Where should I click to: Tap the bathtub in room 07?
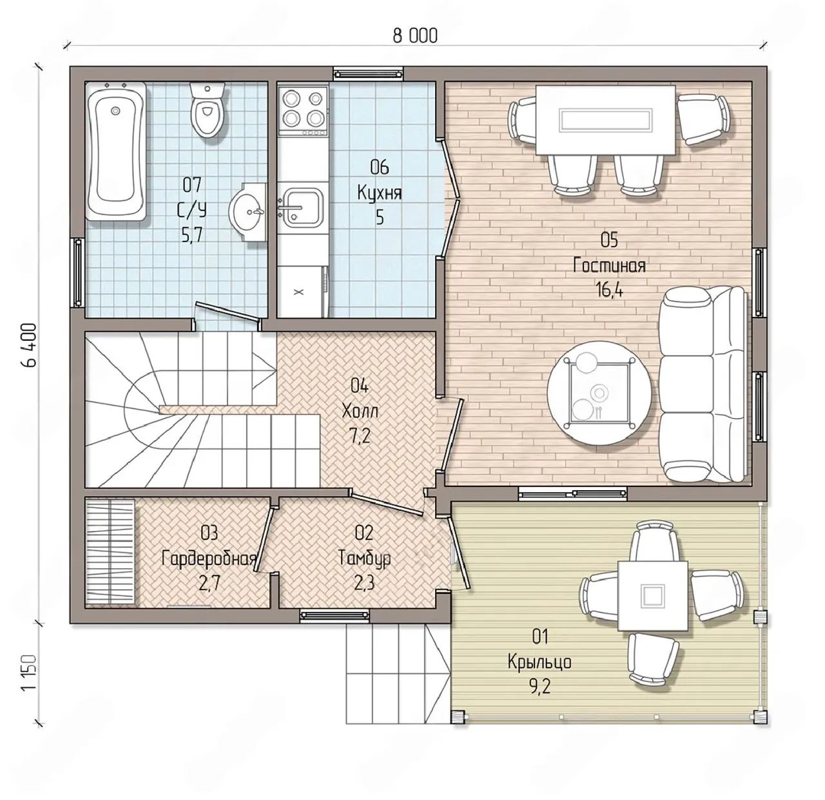116,151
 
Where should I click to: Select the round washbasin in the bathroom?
248,212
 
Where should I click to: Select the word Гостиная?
609,265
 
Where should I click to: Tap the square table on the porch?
652,596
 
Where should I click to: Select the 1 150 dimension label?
29,674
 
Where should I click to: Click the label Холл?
360,410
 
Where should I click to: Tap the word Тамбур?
364,559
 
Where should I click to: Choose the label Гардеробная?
209,559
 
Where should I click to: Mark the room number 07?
192,184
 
